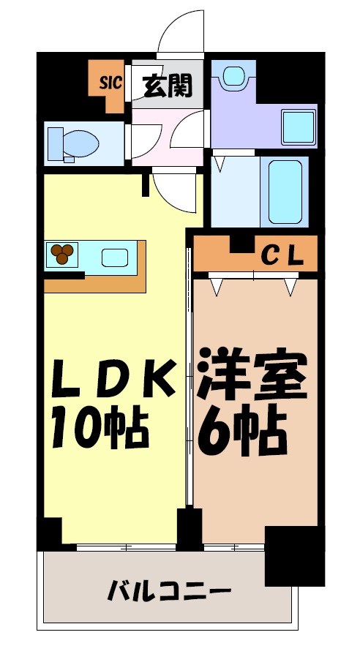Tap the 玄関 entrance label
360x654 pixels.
coord(167,86)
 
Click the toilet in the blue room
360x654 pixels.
coord(72,143)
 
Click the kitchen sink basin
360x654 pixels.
coord(114,257)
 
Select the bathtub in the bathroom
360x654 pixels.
coord(285,192)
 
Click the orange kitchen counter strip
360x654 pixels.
coord(95,284)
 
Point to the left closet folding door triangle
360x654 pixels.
coord(217,287)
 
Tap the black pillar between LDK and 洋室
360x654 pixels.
coord(190,528)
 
